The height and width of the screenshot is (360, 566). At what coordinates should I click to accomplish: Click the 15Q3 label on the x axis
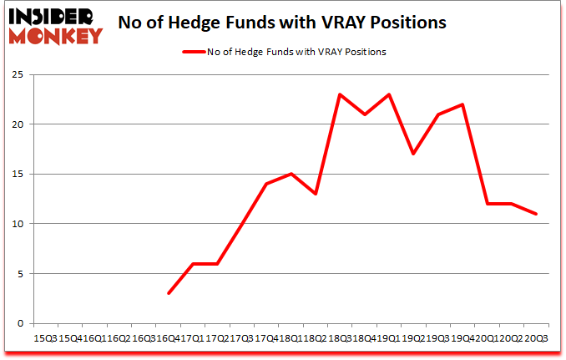pyautogui.click(x=43, y=338)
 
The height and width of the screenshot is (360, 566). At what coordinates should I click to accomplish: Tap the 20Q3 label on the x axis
pyautogui.click(x=536, y=338)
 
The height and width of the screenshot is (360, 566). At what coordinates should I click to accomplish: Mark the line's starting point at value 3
pyautogui.click(x=169, y=293)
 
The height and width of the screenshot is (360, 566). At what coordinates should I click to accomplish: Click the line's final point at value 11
pyautogui.click(x=536, y=214)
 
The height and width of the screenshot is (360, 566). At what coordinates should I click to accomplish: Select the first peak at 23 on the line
pyautogui.click(x=340, y=94)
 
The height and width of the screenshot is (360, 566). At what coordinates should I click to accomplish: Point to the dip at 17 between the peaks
pyautogui.click(x=413, y=154)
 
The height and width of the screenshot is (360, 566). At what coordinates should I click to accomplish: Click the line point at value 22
pyautogui.click(x=462, y=104)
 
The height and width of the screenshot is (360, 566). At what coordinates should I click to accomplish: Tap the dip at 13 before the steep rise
pyautogui.click(x=316, y=194)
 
